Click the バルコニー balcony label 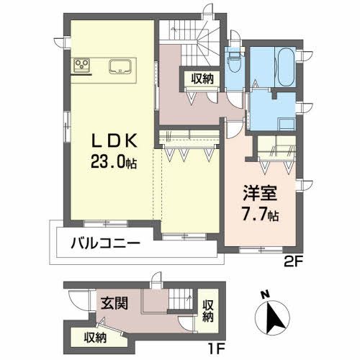click(105, 243)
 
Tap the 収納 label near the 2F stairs click(202, 78)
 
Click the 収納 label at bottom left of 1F click(96, 336)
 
